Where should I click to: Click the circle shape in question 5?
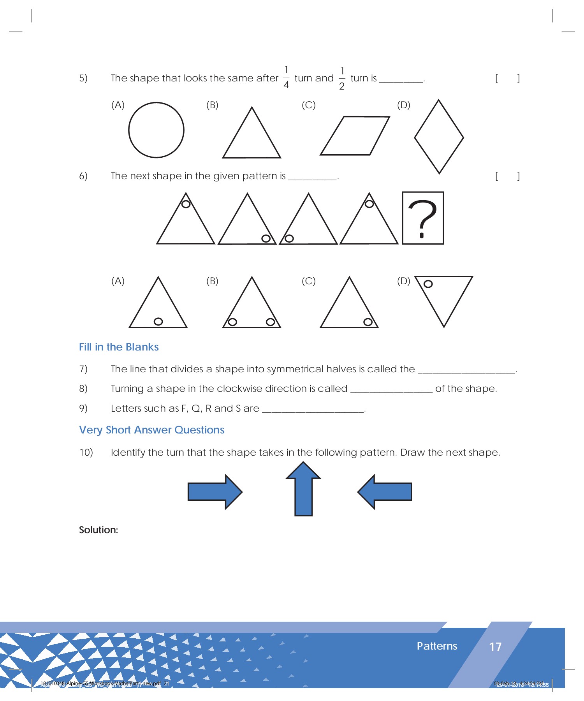(156, 130)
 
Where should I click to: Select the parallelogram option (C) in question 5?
(355, 136)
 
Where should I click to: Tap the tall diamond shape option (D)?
(439, 137)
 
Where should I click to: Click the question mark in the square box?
(423, 218)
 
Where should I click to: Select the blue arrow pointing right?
(215, 491)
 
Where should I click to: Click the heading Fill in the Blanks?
(119, 347)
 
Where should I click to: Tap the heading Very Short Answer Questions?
(152, 430)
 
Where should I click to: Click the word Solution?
(99, 530)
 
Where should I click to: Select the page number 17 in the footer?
(495, 647)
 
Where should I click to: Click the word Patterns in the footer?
(437, 646)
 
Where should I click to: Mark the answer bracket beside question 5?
(507, 79)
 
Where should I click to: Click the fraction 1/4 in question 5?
(286, 77)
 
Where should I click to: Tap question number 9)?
(83, 408)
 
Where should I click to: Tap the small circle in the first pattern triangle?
(186, 204)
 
